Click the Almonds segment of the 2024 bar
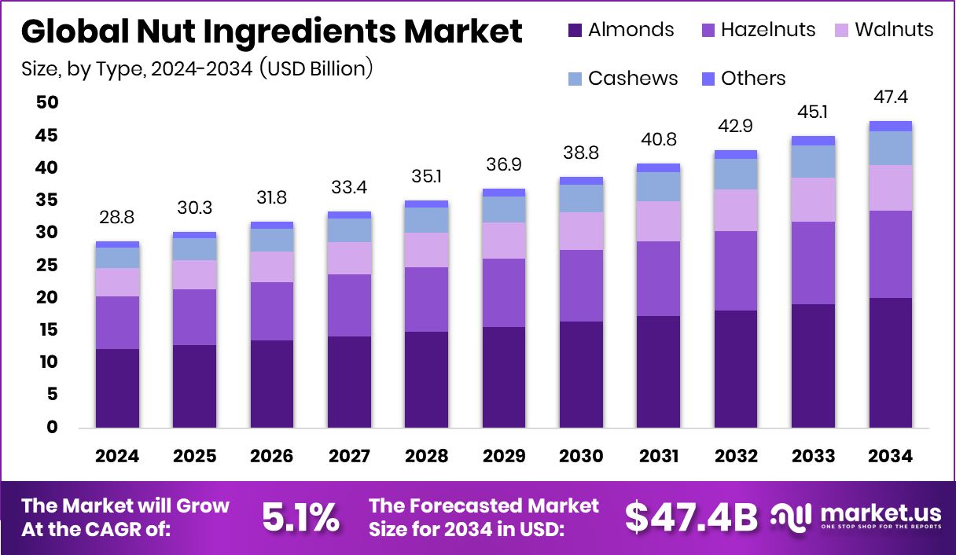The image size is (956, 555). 117,388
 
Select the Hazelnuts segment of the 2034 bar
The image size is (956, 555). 891,254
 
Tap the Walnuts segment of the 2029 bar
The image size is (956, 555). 504,241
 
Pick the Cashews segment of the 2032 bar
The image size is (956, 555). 736,174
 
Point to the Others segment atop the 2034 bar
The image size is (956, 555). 891,126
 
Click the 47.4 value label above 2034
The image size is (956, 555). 891,97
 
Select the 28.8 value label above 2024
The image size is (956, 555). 117,218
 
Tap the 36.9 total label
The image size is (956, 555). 504,165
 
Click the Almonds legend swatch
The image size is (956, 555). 575,31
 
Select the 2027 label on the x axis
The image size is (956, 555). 349,457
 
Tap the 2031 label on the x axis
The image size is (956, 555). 659,457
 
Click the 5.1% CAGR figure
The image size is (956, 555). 300,517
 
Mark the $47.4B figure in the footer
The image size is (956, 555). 692,517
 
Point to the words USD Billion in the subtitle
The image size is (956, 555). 318,69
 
